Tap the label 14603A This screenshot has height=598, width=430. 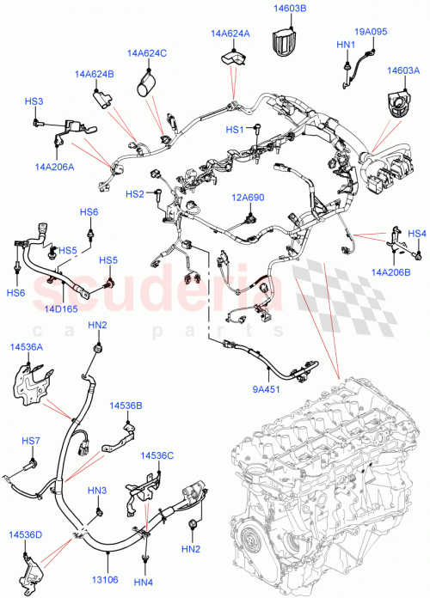click(402, 72)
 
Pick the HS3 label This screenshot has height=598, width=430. click(34, 101)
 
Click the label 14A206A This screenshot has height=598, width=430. click(55, 168)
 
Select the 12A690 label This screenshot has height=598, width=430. click(247, 198)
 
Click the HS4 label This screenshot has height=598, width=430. click(416, 233)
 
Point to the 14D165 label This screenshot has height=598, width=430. click(59, 307)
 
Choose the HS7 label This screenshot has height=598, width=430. click(31, 441)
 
